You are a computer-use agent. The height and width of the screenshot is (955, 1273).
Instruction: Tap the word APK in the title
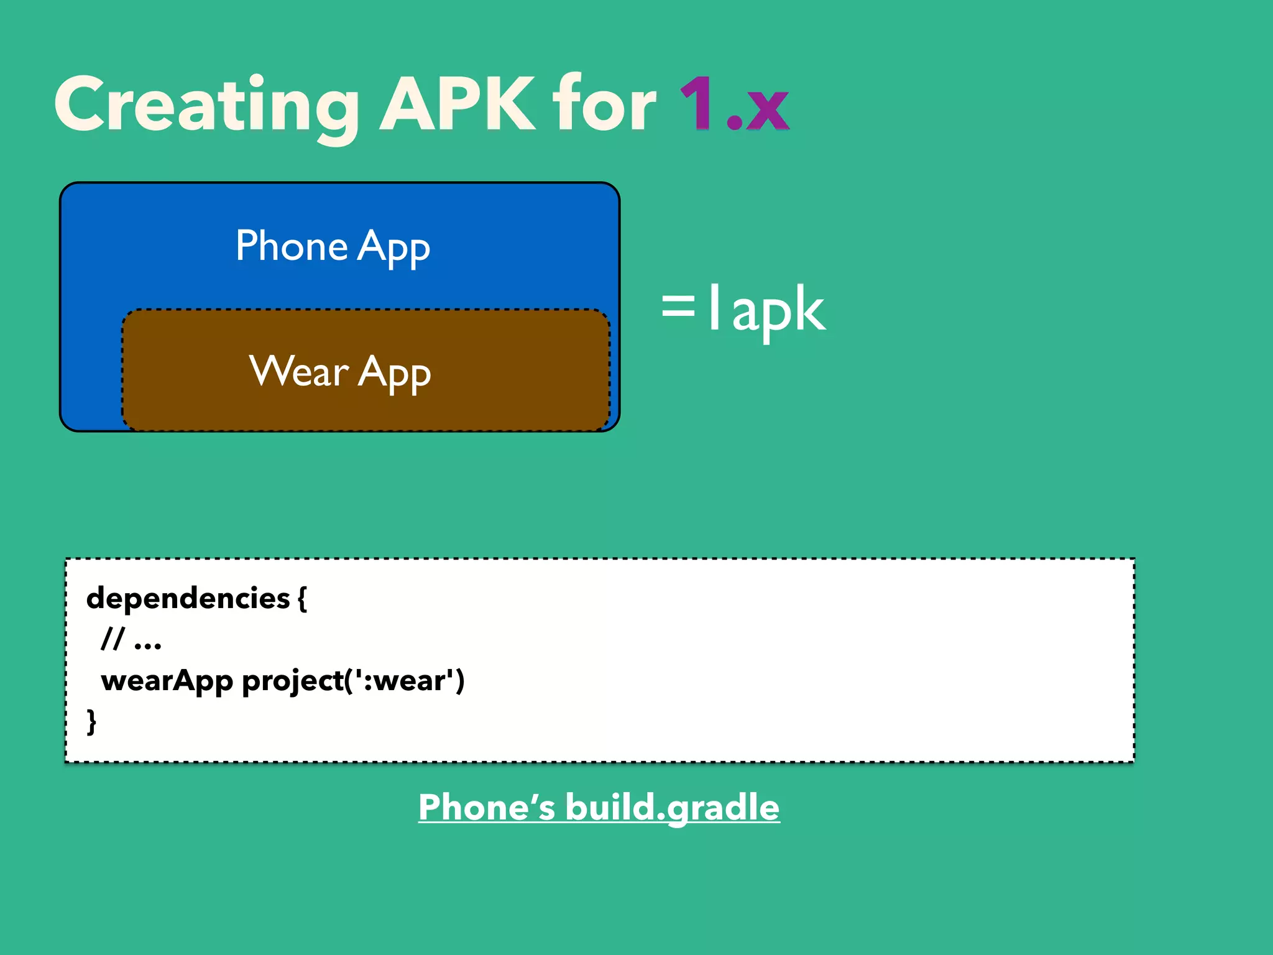(x=457, y=104)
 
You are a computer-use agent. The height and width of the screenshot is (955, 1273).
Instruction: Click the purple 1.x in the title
(x=734, y=104)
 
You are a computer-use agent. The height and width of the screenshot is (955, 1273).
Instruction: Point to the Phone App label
(x=333, y=246)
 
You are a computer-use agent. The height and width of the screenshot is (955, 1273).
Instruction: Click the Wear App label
(x=340, y=372)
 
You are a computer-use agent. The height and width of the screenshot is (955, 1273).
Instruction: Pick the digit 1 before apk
(x=715, y=307)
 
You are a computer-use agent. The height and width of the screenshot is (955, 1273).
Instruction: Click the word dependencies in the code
(x=188, y=598)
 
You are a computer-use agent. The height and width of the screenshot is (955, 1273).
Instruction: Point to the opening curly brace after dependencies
(x=302, y=598)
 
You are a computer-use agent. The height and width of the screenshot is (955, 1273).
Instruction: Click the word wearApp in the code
(x=167, y=681)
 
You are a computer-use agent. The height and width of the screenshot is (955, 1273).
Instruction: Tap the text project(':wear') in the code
(x=353, y=681)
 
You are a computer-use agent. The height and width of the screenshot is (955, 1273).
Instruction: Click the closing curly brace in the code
(x=91, y=721)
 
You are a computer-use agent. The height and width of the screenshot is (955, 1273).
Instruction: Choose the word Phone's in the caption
(x=486, y=808)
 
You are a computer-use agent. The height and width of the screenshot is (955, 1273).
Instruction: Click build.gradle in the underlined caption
(x=672, y=808)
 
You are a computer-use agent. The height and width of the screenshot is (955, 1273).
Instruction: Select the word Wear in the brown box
(x=299, y=372)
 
